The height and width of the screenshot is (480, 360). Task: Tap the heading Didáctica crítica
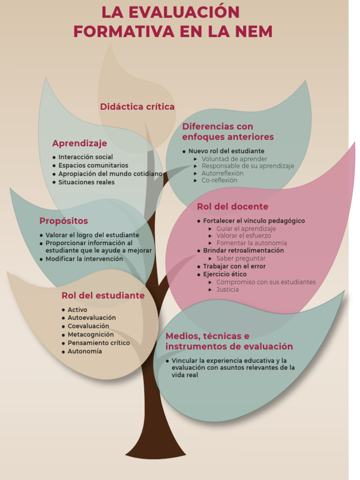[137, 107]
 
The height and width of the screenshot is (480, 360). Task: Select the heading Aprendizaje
[80, 143]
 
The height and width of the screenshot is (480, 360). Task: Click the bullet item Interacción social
[85, 157]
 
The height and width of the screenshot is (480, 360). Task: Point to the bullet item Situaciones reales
[86, 182]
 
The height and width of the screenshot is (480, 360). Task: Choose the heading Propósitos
[64, 221]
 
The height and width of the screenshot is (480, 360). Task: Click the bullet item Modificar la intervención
[84, 259]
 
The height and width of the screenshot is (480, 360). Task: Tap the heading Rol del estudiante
[103, 296]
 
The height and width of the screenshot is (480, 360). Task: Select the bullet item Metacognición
[90, 335]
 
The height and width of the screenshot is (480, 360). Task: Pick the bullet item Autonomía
[84, 352]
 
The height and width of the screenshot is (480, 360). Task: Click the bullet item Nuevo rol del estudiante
[226, 151]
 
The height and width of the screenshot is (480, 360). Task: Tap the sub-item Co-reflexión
[219, 180]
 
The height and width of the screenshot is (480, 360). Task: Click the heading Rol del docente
[232, 207]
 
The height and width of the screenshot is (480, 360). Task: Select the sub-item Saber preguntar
[241, 258]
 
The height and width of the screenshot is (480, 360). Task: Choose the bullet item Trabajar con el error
[234, 266]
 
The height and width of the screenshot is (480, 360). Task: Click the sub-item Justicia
[227, 290]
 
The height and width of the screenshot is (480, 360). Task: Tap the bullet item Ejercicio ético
[225, 274]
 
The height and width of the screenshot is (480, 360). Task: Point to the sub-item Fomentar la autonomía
[251, 243]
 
